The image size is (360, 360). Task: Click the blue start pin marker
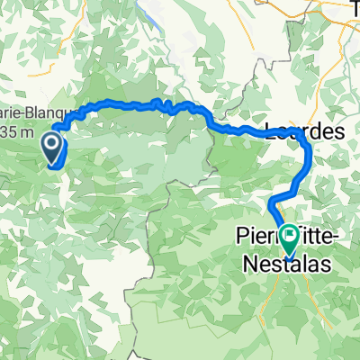51,148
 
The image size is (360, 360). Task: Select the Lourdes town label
306,131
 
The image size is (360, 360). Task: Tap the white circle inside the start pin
51,142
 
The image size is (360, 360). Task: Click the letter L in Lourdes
273,131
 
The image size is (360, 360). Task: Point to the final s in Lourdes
340,131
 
